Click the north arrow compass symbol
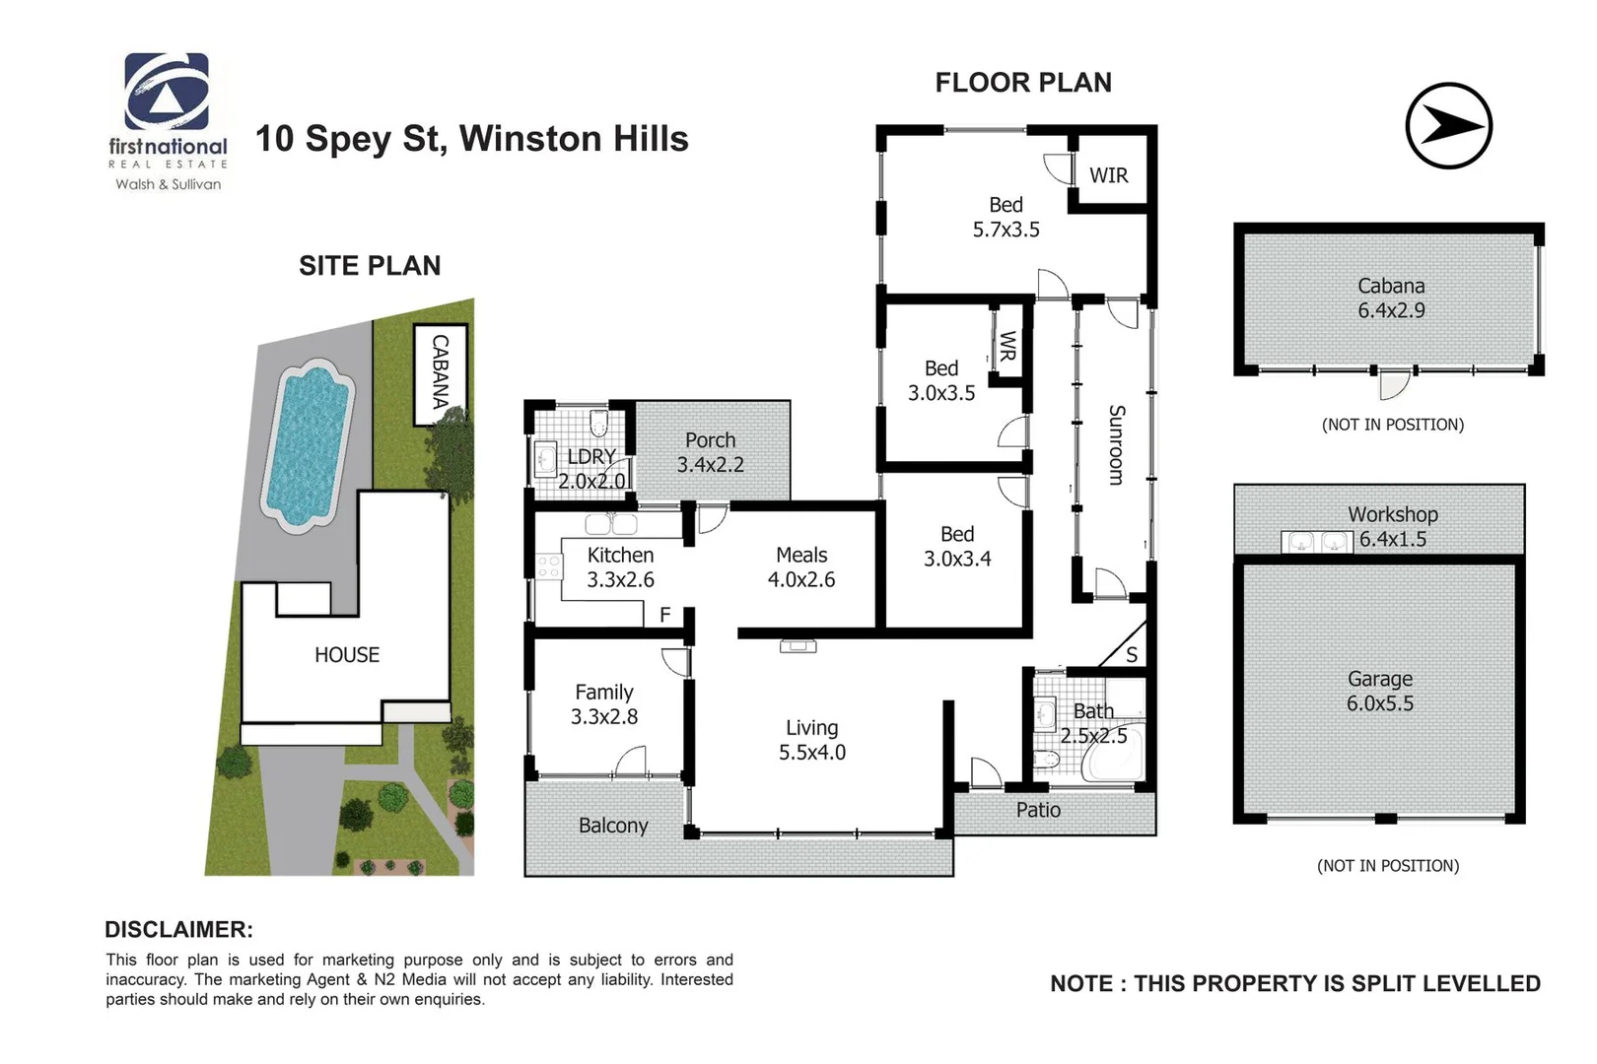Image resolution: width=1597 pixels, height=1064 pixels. [1448, 126]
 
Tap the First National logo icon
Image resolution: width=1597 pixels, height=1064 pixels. [167, 92]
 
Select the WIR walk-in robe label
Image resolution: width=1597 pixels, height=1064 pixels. [1108, 175]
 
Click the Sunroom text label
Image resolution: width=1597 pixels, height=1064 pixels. [1116, 444]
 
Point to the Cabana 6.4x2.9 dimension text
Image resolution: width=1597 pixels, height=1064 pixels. [1391, 310]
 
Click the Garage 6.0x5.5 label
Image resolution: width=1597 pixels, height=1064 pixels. [1380, 692]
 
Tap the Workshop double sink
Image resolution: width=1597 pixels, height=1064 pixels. [1317, 542]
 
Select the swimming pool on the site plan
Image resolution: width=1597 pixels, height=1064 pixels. [307, 444]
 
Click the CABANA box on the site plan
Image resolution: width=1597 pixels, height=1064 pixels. [440, 373]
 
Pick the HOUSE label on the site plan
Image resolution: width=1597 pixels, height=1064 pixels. [347, 655]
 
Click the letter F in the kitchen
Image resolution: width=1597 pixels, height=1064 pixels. [664, 615]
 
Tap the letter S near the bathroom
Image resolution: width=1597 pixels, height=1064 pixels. [1131, 654]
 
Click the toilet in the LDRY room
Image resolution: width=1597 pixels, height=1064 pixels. [596, 424]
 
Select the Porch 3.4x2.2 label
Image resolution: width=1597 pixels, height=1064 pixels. [710, 452]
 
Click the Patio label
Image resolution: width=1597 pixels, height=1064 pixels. [1038, 810]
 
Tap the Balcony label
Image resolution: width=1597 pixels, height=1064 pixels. [613, 826]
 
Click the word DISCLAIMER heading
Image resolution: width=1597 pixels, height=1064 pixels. [178, 929]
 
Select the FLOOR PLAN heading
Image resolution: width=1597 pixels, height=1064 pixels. [1022, 83]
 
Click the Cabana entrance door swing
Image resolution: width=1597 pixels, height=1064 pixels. [1393, 386]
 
